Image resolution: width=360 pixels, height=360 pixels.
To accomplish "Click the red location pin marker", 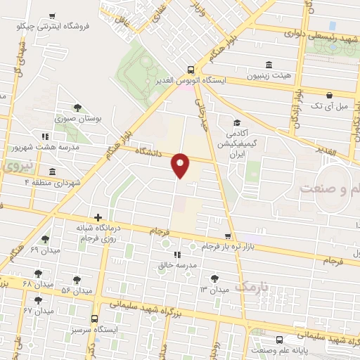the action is [x=181, y=165].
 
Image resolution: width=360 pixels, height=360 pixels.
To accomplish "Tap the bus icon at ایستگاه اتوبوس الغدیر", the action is [x=191, y=69].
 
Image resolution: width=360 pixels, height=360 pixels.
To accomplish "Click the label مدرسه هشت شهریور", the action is [x=77, y=148].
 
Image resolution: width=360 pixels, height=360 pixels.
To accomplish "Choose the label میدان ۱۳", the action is [x=214, y=290].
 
